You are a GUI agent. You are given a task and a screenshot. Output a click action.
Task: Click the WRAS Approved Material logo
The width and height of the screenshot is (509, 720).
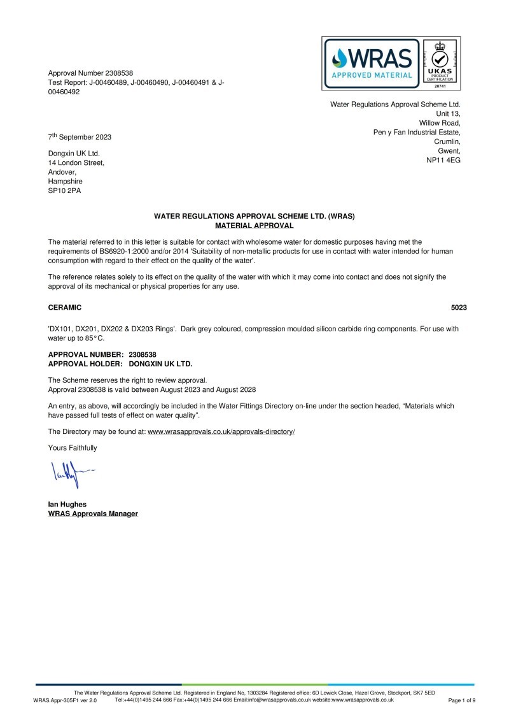(372, 62)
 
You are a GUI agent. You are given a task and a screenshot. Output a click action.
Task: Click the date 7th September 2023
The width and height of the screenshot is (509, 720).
(80, 137)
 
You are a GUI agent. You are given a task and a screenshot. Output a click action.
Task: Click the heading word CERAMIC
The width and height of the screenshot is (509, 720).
(65, 307)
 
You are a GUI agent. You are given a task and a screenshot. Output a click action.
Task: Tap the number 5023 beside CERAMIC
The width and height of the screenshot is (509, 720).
(459, 307)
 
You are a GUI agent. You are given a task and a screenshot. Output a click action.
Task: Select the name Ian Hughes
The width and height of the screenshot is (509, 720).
(67, 504)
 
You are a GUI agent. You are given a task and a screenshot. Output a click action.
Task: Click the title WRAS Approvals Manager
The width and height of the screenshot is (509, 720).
(93, 514)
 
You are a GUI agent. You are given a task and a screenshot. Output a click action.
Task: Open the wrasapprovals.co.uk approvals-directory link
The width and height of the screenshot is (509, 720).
(221, 431)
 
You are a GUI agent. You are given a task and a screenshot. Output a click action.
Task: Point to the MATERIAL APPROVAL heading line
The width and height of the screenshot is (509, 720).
(254, 225)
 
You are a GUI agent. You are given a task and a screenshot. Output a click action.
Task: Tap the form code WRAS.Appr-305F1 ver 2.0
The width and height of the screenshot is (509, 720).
(65, 700)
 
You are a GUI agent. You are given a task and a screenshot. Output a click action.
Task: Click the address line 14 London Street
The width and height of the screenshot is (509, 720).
(76, 163)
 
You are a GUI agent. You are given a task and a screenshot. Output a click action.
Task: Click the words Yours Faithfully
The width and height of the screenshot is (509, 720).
(73, 447)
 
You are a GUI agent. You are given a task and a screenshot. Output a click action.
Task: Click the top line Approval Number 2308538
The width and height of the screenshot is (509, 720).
(90, 74)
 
